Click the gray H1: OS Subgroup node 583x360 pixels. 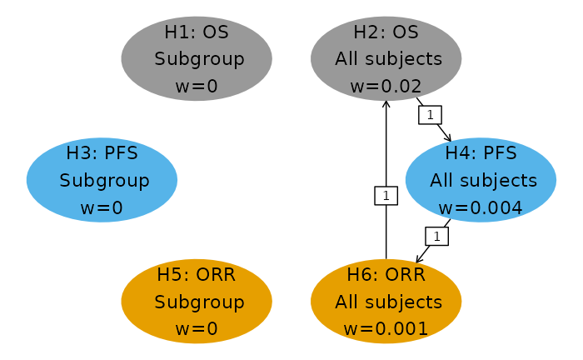tap(197, 58)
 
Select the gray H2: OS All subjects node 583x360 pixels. tap(386, 58)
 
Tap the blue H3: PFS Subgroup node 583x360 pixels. tap(102, 180)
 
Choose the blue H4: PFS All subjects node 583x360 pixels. tap(481, 180)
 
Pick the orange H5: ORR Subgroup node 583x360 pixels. tap(197, 301)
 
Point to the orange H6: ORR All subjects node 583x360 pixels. tap(386, 301)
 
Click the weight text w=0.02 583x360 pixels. tap(386, 86)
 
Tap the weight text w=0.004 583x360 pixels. tap(481, 207)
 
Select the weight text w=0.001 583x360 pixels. tap(386, 328)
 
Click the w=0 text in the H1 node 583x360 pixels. tap(197, 86)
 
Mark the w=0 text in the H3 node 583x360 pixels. tap(102, 207)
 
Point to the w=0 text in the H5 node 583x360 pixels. tap(197, 328)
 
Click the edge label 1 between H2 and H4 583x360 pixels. tap(430, 115)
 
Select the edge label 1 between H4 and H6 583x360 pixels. tap(437, 237)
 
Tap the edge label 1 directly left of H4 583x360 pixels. tap(386, 196)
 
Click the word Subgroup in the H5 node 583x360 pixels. tap(199, 302)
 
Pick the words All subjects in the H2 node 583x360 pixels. tap(388, 59)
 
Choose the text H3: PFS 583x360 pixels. tap(102, 153)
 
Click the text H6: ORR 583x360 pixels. tap(386, 274)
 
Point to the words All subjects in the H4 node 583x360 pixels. tap(483, 181)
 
